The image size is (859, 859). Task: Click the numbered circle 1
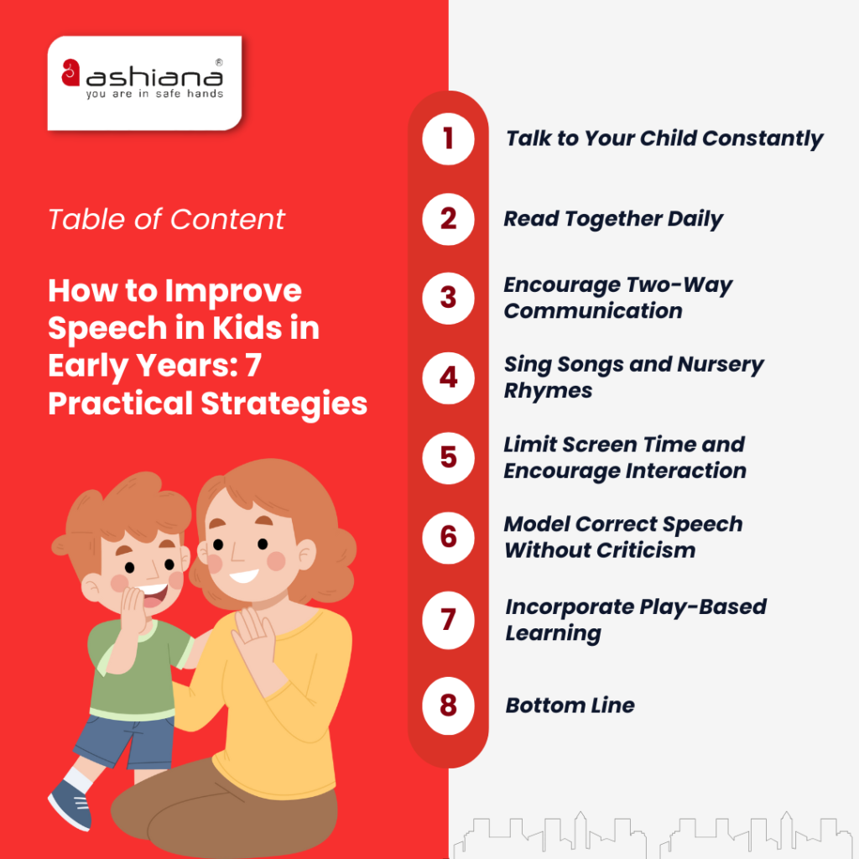(448, 138)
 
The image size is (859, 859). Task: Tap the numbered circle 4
(448, 377)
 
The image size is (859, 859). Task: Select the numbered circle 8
(448, 705)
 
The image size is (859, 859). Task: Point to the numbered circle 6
(448, 537)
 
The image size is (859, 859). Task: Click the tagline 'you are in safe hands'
(154, 94)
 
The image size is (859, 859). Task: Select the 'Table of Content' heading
(166, 220)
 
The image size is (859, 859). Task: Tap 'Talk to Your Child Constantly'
(664, 138)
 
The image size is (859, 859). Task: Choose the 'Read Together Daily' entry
(613, 219)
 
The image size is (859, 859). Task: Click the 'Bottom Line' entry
(570, 705)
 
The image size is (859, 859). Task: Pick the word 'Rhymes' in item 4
(548, 391)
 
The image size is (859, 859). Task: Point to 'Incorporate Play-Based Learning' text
(635, 619)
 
